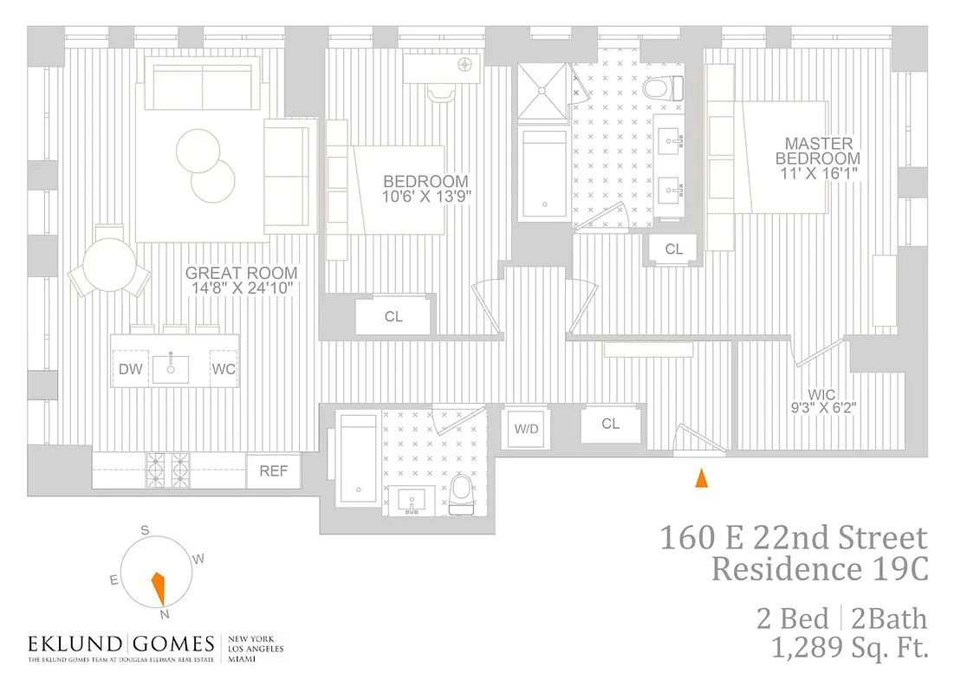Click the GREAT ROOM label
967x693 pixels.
pyautogui.click(x=241, y=279)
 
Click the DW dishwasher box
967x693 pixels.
pyautogui.click(x=131, y=370)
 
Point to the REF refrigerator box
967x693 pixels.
pyautogui.click(x=274, y=471)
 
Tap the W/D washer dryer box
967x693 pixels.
pyautogui.click(x=526, y=428)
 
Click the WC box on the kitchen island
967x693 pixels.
pyautogui.click(x=224, y=370)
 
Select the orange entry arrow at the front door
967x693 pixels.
pyautogui.click(x=702, y=477)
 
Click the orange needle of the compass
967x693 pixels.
pyautogui.click(x=158, y=588)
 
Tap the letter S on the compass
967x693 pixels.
pyautogui.click(x=146, y=530)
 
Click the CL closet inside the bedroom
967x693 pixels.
pyautogui.click(x=393, y=317)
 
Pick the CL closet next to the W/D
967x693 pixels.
pyautogui.click(x=611, y=424)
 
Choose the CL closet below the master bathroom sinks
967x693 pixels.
pyautogui.click(x=674, y=249)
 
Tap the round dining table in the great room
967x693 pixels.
pyautogui.click(x=111, y=267)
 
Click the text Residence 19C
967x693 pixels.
pyautogui.click(x=819, y=570)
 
